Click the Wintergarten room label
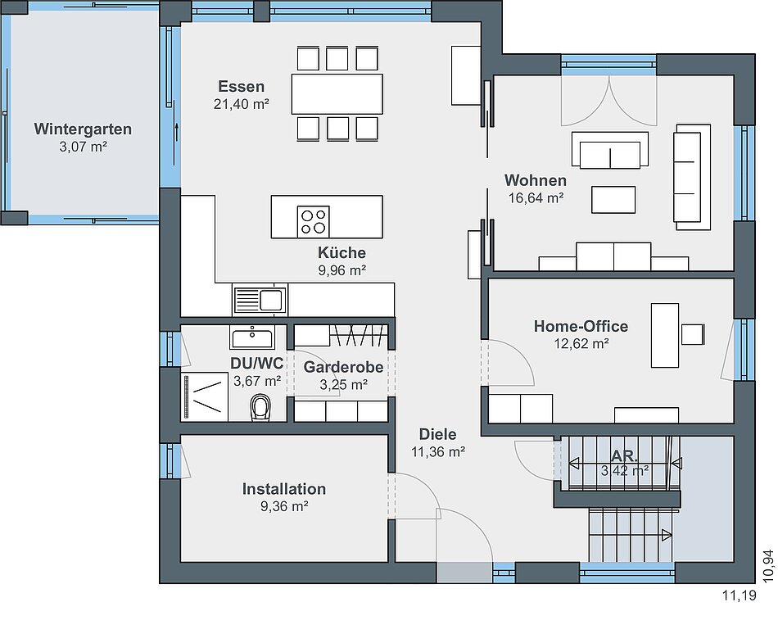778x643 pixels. click(83, 129)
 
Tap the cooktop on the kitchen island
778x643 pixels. click(313, 221)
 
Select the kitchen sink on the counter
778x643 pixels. click(260, 300)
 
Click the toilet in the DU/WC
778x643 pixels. click(260, 408)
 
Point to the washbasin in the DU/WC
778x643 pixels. click(252, 337)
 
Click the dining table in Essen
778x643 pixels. click(337, 94)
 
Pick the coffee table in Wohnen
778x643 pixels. click(613, 200)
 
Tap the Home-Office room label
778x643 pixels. click(581, 326)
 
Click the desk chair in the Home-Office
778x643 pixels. click(693, 334)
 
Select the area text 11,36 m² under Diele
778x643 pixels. click(438, 452)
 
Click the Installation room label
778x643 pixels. click(284, 489)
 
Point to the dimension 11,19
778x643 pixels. click(740, 595)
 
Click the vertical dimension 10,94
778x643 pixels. click(768, 566)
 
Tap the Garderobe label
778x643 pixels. click(343, 367)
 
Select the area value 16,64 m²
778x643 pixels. click(536, 198)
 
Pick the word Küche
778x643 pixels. click(342, 252)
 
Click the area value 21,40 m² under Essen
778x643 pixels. click(242, 104)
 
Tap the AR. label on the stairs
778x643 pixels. click(625, 455)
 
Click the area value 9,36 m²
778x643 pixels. click(284, 506)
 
